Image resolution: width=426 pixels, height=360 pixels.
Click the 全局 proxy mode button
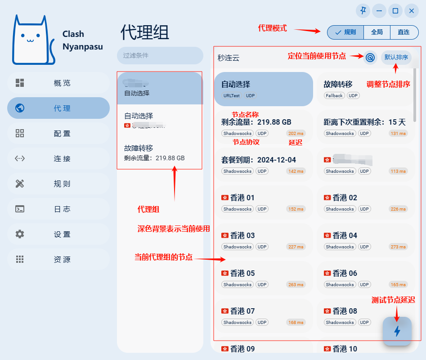377,32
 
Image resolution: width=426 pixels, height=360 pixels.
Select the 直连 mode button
404,32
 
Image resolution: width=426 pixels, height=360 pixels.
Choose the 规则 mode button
345,32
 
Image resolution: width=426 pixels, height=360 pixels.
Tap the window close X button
412,11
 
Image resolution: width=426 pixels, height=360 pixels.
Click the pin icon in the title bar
363,11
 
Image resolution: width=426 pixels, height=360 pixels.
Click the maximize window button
395,11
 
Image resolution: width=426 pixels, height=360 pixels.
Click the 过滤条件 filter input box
160,55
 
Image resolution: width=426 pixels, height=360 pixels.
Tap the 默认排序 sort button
396,57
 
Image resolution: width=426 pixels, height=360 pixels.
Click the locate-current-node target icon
370,57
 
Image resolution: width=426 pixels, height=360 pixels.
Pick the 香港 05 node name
242,273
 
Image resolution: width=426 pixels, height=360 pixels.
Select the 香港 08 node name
345,311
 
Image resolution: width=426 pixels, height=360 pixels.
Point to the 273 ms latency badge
398,247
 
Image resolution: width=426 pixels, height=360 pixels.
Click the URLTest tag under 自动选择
232,95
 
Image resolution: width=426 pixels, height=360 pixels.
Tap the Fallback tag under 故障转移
334,95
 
